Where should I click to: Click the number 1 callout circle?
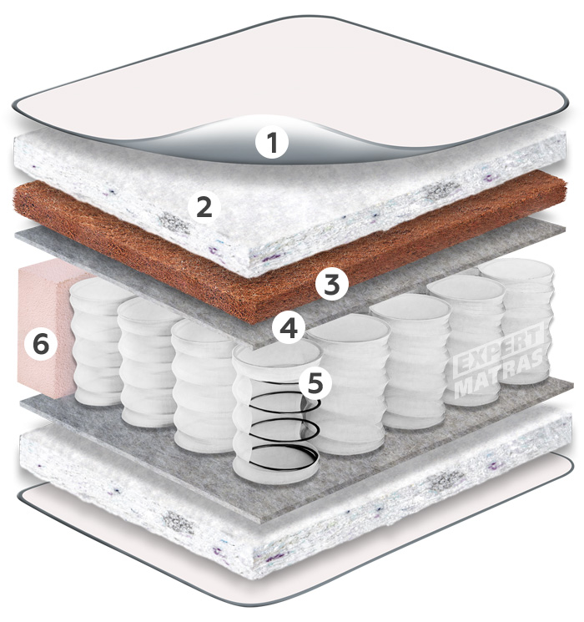[x=272, y=142]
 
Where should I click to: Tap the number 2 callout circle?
[x=204, y=207]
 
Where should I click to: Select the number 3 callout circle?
[x=331, y=284]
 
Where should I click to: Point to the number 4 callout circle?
[x=289, y=328]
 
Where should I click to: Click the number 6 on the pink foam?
[x=41, y=343]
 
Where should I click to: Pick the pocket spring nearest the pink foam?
[x=98, y=341]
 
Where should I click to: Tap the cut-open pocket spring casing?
[x=276, y=412]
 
